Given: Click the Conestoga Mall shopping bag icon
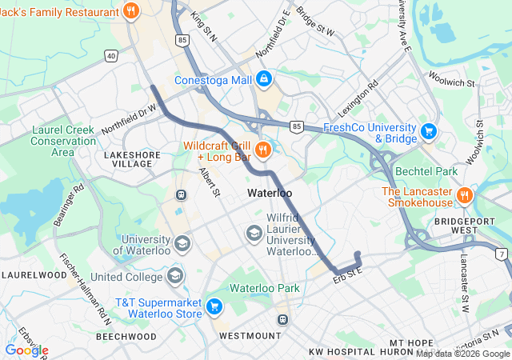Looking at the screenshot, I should coord(265,79).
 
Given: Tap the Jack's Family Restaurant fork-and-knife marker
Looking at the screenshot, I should coord(131,10).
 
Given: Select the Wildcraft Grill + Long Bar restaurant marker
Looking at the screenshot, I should coord(262,150).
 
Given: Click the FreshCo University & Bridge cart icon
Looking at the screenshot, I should coord(429,130).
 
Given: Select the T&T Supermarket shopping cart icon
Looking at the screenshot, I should coord(214,306).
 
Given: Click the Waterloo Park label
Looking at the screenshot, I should coord(264,288).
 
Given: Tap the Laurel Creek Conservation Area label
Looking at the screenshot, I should coord(62,141).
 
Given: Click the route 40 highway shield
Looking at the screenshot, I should coord(110,54).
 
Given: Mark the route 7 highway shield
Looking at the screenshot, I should coord(501,254).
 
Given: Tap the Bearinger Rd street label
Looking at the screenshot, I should coord(69,206).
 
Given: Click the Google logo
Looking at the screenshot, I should coord(26,350).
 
